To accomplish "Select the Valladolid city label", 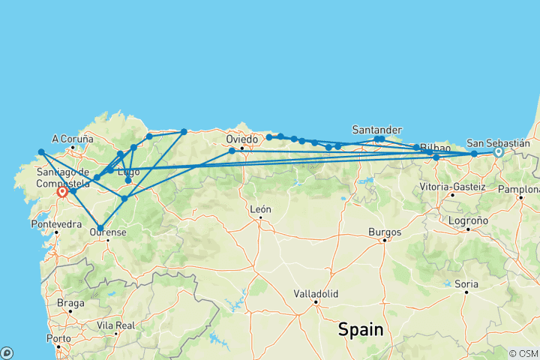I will point(316,293).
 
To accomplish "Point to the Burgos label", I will point(385,232).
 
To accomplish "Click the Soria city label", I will point(466,283).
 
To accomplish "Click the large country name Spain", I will point(360,329).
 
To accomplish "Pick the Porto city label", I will point(54,337).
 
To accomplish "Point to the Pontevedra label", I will point(56,223).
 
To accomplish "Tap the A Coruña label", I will point(73,139).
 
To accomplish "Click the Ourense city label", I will point(107,232).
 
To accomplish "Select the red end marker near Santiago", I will point(62,191).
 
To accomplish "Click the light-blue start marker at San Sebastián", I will point(498,151).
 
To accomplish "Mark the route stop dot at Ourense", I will point(100,228).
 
